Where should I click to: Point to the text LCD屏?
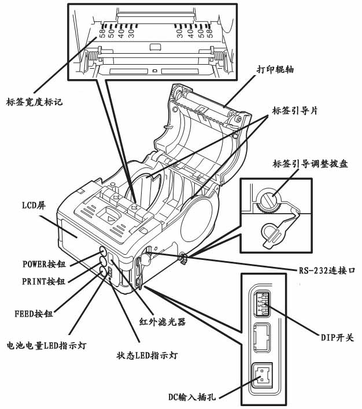coord(34,204)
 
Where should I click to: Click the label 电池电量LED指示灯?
coord(46,346)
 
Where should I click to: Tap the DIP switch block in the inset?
coord(261,303)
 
